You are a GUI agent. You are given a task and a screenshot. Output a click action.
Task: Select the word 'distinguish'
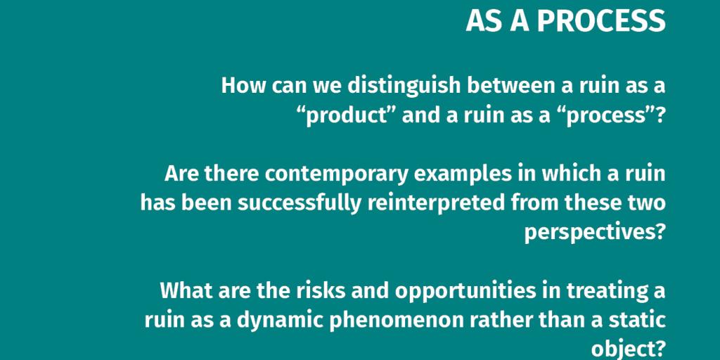[x=404, y=86]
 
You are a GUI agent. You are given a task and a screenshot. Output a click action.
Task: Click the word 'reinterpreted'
[x=436, y=203]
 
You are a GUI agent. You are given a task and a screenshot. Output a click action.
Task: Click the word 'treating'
[x=607, y=291]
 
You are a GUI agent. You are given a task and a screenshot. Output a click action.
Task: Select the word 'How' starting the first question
[x=243, y=86]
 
